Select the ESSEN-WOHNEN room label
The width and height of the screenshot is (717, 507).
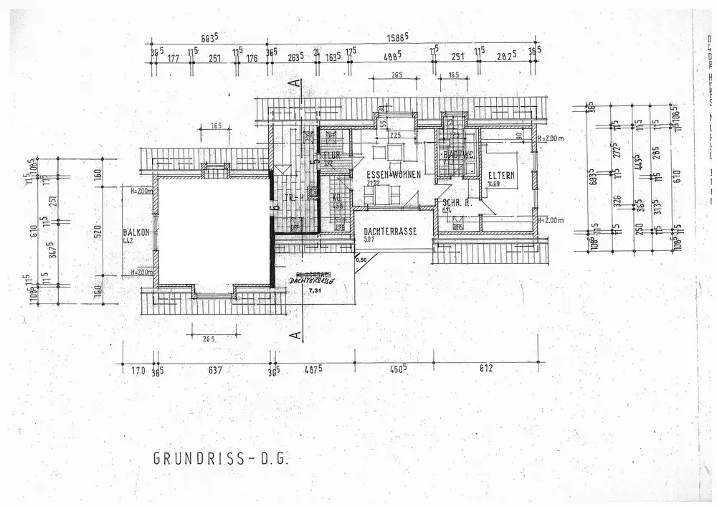pyautogui.click(x=388, y=174)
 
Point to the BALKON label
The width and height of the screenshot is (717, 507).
pyautogui.click(x=136, y=232)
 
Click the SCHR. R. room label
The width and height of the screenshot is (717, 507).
pyautogui.click(x=456, y=202)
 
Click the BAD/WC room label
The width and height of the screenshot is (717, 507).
pyautogui.click(x=456, y=154)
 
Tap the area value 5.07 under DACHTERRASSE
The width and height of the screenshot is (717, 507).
pyautogui.click(x=369, y=240)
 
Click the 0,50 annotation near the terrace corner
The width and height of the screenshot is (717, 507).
pyautogui.click(x=361, y=260)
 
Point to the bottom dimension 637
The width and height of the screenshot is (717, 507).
pyautogui.click(x=214, y=370)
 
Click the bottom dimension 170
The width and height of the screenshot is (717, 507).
pyautogui.click(x=138, y=370)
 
